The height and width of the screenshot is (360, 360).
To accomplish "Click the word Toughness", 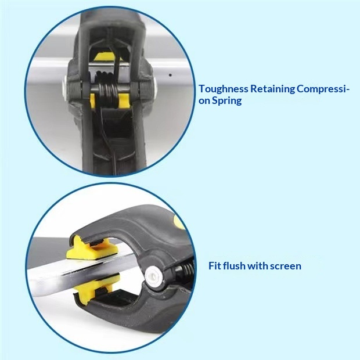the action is pos(224,89).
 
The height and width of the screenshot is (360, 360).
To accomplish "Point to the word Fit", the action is pos(215,266).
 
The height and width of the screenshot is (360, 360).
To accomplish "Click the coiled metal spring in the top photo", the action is pos(108,90).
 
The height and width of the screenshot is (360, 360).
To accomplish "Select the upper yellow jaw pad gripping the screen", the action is pos(92,249).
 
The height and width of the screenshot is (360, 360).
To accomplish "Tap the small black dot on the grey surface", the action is pos(170,75).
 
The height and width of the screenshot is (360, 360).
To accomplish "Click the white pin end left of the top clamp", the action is pos(64,88).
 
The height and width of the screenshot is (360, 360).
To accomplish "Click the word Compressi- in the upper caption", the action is pos(323,89).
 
